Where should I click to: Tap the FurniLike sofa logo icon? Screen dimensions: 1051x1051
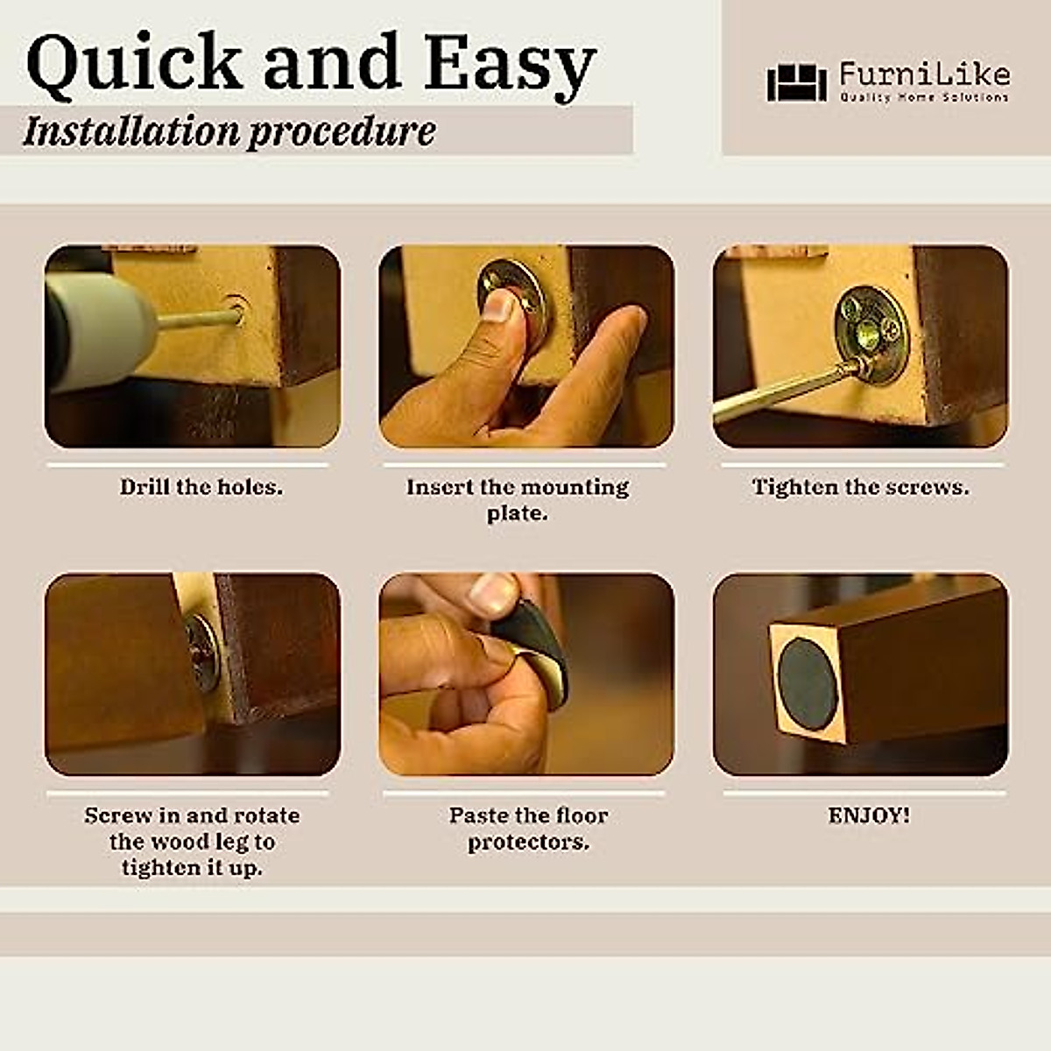tap(796, 82)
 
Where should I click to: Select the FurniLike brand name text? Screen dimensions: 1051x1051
tap(924, 74)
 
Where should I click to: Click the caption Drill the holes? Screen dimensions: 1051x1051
tap(201, 487)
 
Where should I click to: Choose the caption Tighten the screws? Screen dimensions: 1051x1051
tap(861, 487)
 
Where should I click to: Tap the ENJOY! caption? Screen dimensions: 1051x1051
tap(869, 815)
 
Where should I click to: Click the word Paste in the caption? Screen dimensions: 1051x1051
tap(478, 815)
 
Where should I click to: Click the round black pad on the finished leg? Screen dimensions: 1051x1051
tap(808, 678)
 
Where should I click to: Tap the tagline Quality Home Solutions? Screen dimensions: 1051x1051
tap(924, 97)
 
